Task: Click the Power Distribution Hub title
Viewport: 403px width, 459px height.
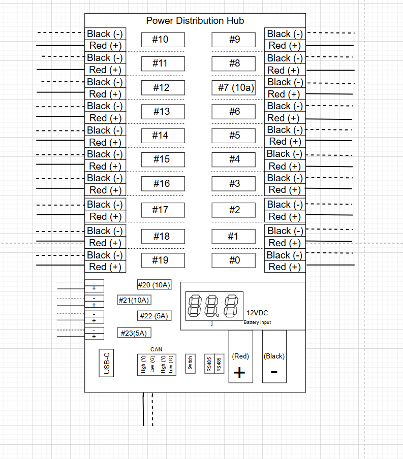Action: [195, 21]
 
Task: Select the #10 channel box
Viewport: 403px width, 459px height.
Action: [163, 40]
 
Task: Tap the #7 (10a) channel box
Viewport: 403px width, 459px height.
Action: [234, 88]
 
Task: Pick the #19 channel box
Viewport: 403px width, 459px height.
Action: [163, 260]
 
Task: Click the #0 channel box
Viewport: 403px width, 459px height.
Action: [234, 260]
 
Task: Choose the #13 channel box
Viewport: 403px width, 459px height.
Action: [163, 112]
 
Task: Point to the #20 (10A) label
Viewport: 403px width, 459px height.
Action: [154, 285]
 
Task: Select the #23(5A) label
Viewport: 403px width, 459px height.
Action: [134, 333]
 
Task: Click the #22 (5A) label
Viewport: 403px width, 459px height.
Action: [154, 316]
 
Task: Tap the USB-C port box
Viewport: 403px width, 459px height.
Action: [106, 363]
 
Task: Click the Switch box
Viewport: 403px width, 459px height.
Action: [190, 363]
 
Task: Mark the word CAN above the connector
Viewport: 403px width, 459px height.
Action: [156, 349]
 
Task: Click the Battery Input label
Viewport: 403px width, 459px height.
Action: [257, 322]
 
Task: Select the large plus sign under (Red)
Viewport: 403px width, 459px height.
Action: [240, 373]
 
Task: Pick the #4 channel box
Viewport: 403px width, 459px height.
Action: [234, 159]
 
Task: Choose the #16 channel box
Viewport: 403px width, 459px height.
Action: [163, 183]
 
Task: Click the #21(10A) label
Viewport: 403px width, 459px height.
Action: [134, 300]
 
